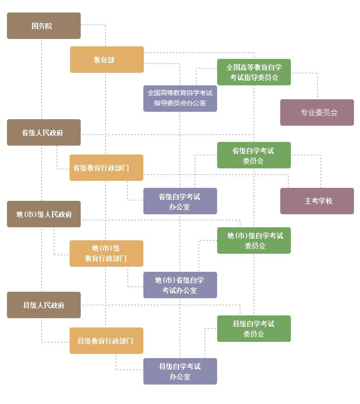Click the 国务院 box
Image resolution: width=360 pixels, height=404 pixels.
tap(44, 26)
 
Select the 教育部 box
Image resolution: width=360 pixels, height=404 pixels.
tap(107, 60)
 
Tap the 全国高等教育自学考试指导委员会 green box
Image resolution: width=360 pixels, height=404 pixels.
tap(254, 72)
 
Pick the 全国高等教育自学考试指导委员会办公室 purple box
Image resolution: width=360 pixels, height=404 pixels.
tap(180, 98)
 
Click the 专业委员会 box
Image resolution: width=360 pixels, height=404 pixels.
tap(317, 113)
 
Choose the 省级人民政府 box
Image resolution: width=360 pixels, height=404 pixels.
tap(44, 133)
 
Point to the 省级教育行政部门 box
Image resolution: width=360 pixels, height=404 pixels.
tap(106, 168)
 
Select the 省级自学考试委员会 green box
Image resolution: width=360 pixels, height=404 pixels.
tap(254, 155)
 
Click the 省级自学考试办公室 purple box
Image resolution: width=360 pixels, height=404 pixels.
tap(180, 201)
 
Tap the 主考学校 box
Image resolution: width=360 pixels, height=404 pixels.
tap(317, 201)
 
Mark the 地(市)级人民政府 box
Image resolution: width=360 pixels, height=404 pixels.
tap(44, 214)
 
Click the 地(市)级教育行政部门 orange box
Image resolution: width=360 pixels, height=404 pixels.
tap(106, 253)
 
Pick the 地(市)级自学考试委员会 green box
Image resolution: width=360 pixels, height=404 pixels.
tap(254, 241)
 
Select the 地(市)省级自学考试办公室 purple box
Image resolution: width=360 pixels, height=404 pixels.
tap(180, 285)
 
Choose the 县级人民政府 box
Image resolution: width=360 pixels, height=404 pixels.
tap(44, 305)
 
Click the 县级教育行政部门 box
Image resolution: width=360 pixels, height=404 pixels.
tap(106, 341)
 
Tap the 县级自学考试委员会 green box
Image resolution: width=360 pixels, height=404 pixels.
tap(254, 329)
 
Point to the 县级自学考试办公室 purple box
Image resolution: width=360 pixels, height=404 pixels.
tap(180, 372)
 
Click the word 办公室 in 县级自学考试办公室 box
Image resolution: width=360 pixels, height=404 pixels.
tap(180, 377)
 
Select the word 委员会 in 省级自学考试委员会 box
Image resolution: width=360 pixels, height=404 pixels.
tap(253, 161)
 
